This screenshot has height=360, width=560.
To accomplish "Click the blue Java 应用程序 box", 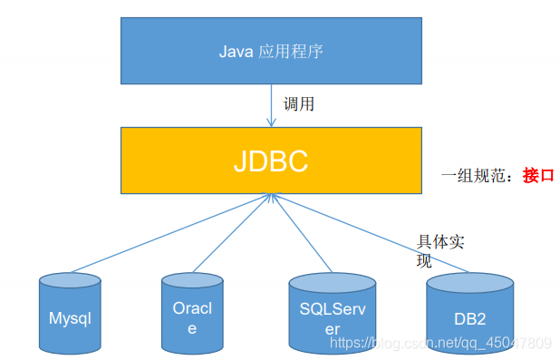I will click(271, 51).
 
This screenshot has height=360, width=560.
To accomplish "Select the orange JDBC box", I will click(271, 161).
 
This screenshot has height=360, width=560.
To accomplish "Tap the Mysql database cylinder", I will click(70, 314).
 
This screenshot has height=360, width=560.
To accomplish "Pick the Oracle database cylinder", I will click(191, 314).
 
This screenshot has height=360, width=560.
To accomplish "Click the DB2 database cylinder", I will click(470, 314).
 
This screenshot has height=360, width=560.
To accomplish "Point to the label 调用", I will click(299, 104).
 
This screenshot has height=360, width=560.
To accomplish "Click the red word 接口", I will click(537, 175).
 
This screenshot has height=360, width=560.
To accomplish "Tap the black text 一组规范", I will click(478, 175).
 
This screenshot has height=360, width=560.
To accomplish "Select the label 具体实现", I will click(439, 250).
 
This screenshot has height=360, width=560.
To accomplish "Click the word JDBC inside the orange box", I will click(270, 161).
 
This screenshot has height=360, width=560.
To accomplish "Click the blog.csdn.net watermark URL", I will click(439, 343).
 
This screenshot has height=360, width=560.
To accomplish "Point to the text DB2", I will click(470, 319).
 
